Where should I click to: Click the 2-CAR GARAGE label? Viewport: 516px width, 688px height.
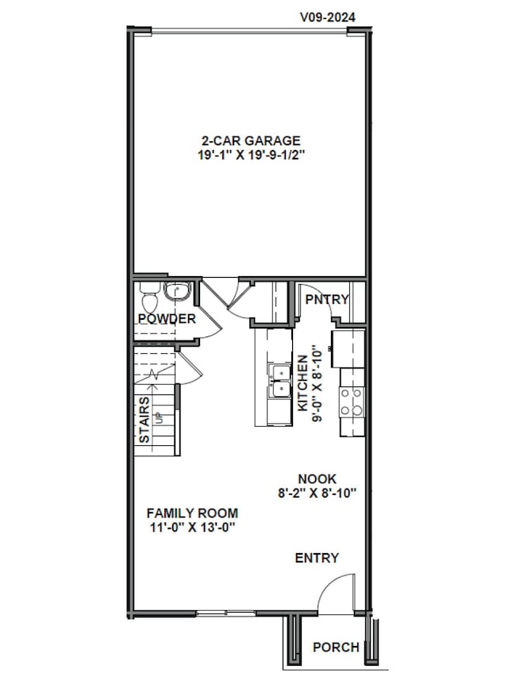[250, 141]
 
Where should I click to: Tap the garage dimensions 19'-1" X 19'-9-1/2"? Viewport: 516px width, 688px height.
[251, 156]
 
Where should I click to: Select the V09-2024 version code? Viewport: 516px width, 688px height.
[327, 15]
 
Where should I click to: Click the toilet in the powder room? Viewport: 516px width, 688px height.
[148, 299]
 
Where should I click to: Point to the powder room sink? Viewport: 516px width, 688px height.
[177, 292]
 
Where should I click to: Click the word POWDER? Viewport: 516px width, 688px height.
[167, 319]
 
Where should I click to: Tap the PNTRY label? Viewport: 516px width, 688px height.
[327, 299]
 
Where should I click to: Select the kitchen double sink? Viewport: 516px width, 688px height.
[279, 381]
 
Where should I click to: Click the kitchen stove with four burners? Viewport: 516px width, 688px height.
[352, 402]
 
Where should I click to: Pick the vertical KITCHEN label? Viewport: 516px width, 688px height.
[302, 383]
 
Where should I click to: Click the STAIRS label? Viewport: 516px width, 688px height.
[144, 420]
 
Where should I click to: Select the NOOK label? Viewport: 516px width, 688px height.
[317, 479]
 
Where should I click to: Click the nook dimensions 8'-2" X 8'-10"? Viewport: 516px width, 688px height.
[317, 493]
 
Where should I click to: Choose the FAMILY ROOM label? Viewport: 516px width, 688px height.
[191, 513]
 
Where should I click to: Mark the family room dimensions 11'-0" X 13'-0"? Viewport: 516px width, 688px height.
[191, 528]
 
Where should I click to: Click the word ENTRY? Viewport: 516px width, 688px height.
[317, 558]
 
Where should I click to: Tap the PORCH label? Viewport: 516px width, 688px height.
[335, 648]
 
